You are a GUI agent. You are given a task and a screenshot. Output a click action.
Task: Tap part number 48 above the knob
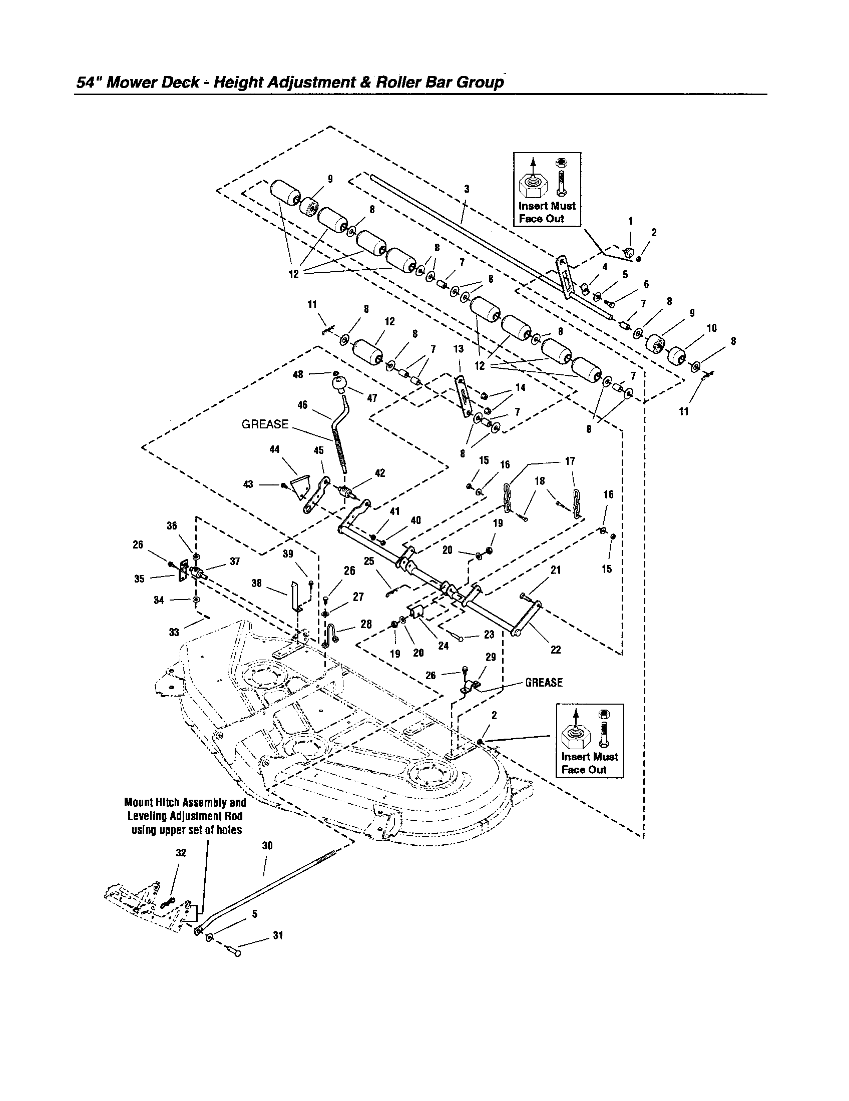(x=298, y=374)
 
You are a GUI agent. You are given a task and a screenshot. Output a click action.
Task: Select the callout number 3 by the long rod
(x=467, y=189)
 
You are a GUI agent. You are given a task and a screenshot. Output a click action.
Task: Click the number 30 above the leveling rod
(x=267, y=846)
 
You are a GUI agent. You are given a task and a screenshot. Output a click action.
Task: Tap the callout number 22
(x=555, y=650)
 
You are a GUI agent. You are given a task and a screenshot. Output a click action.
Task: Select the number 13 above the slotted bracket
(x=458, y=349)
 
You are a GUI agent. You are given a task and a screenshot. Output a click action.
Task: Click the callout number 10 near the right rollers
(x=711, y=328)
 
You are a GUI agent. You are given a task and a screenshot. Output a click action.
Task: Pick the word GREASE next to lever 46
(x=265, y=424)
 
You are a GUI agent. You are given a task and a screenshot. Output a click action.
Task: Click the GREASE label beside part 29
(x=544, y=683)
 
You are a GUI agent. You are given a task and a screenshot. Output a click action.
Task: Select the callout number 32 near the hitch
(x=181, y=852)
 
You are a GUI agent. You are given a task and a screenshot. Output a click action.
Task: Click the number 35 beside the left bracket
(x=139, y=579)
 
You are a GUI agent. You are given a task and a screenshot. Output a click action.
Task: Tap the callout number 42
(x=380, y=473)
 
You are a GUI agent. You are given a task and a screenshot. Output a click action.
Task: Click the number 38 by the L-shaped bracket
(x=256, y=583)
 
